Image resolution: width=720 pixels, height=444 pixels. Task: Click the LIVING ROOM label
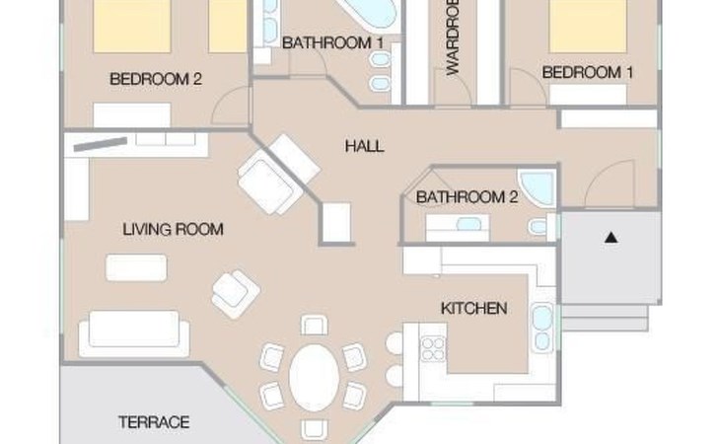[x=173, y=229]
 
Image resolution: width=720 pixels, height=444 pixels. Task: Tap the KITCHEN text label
[x=473, y=309]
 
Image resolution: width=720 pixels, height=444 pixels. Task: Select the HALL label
[x=364, y=146]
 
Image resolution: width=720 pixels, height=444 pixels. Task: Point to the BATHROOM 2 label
[x=467, y=197]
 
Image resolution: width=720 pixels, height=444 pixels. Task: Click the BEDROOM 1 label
[x=587, y=73]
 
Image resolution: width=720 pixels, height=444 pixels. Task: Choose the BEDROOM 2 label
[x=156, y=79]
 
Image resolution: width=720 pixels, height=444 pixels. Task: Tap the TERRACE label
[x=154, y=422]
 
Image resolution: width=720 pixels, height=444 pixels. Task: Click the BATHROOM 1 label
[x=332, y=43]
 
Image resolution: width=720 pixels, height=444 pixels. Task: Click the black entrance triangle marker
[x=611, y=238]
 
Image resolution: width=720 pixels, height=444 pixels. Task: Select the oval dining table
[x=314, y=378]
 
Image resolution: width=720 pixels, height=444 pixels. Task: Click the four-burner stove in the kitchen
[x=433, y=348]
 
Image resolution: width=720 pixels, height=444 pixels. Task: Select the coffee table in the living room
[x=136, y=267]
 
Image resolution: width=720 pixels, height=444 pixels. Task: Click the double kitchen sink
[x=542, y=328]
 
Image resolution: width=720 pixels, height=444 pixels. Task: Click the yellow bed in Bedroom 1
[x=588, y=27]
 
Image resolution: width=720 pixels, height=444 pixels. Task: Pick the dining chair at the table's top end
[x=314, y=325]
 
